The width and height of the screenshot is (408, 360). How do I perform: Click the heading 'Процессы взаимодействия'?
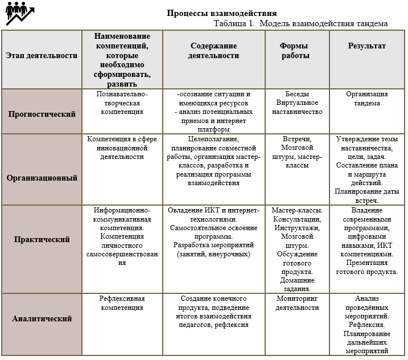(222, 13)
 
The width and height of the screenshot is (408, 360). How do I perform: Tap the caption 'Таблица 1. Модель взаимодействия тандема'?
(301, 23)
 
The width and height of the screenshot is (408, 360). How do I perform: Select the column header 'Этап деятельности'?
(41, 55)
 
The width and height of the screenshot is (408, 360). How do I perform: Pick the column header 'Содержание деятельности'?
(214, 51)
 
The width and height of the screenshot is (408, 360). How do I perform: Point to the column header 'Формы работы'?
(295, 51)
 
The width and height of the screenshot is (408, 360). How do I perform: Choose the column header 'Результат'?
(366, 46)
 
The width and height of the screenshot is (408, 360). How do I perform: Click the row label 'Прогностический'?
(42, 113)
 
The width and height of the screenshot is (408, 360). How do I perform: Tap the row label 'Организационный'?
(42, 177)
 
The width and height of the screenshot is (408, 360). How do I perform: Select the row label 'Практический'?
(42, 239)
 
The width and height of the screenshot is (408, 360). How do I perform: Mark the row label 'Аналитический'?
(42, 318)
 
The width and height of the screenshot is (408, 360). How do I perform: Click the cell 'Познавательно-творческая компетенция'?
(122, 103)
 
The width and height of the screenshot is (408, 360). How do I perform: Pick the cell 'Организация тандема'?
(366, 99)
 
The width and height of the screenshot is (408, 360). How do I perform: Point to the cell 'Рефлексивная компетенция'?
(122, 303)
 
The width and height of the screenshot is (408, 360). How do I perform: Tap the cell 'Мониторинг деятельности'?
(297, 303)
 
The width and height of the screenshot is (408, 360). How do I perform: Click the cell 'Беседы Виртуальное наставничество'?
(297, 103)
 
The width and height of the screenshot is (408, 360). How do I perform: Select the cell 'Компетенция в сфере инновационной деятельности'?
(122, 148)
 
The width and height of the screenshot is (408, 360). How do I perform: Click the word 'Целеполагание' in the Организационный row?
(213, 138)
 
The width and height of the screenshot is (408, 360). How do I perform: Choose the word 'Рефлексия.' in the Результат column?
(366, 325)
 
